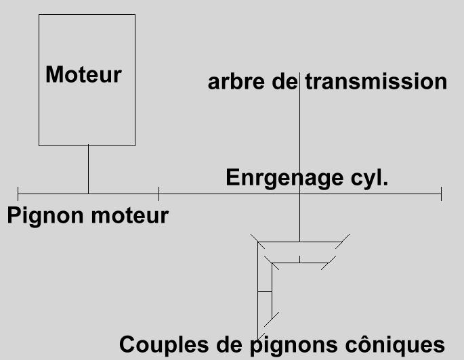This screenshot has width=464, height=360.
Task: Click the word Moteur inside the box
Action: coord(83,74)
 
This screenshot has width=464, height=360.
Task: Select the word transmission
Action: coord(376,82)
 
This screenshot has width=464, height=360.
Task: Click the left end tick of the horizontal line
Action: coord(18,194)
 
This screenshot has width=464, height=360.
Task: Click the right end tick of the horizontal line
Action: coord(441,194)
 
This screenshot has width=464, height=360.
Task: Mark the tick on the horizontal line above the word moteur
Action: coord(159,194)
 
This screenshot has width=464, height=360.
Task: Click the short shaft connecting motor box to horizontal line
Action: coord(88,169)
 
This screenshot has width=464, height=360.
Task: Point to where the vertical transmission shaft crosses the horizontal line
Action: coord(299,194)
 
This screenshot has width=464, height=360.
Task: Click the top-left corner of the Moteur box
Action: coord(39,15)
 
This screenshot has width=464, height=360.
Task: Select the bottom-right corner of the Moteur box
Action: coord(135,145)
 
